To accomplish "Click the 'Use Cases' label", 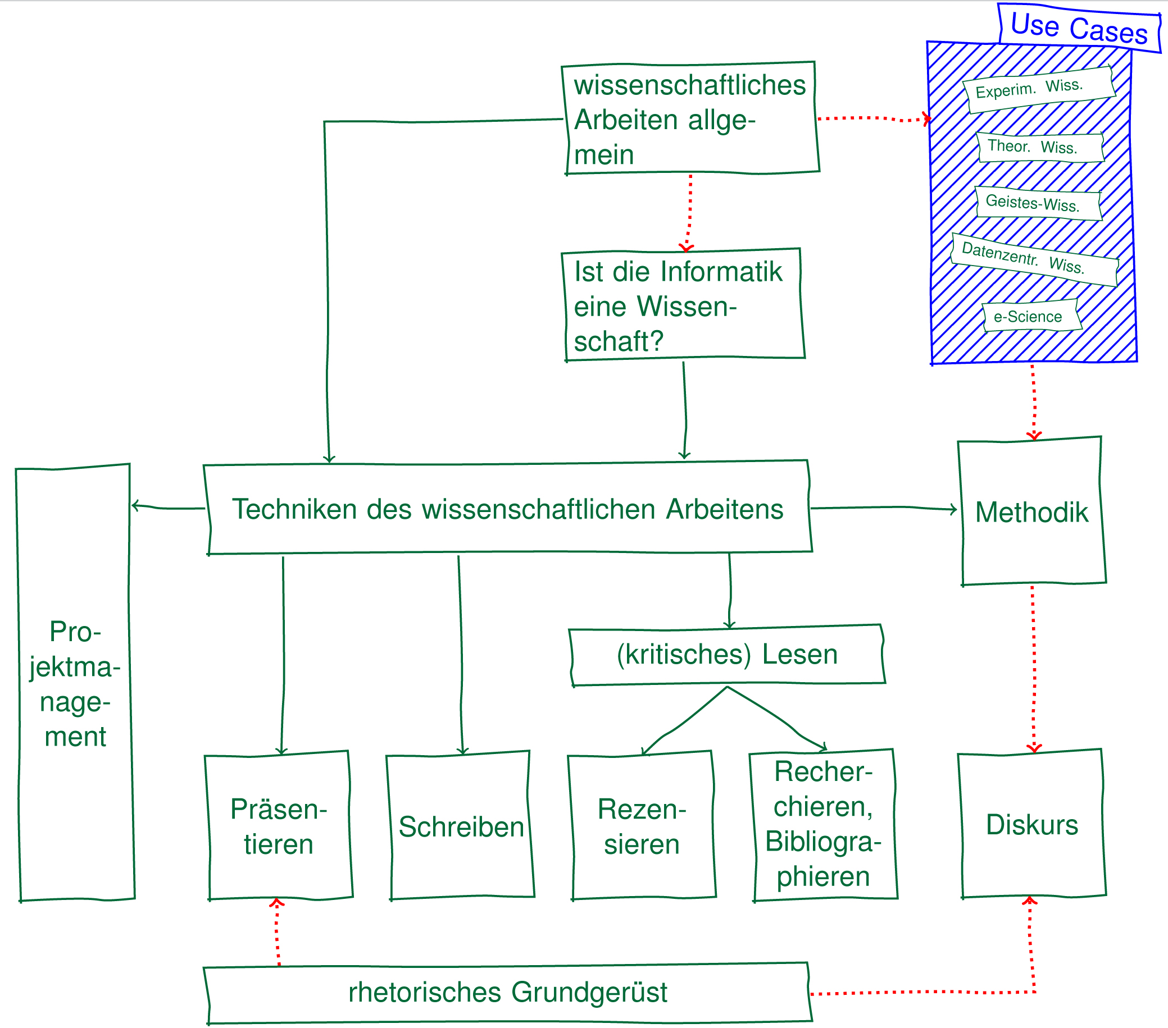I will pyautogui.click(x=1079, y=28).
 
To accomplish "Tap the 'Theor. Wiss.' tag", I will pyautogui.click(x=1039, y=147).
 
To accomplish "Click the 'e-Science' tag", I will pyautogui.click(x=1031, y=317).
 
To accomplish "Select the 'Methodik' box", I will pyautogui.click(x=1032, y=511).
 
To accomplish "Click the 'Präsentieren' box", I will pyautogui.click(x=279, y=826).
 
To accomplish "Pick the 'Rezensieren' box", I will pyautogui.click(x=642, y=826).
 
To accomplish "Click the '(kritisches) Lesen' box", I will pyautogui.click(x=727, y=655).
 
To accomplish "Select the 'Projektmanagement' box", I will pyautogui.click(x=75, y=683).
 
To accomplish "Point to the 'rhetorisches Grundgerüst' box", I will pyautogui.click(x=507, y=992).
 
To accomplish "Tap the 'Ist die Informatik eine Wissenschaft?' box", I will pyautogui.click(x=683, y=305).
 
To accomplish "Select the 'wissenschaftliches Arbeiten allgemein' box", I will pyautogui.click(x=690, y=118).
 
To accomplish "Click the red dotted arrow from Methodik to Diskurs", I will pyautogui.click(x=1034, y=665).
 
